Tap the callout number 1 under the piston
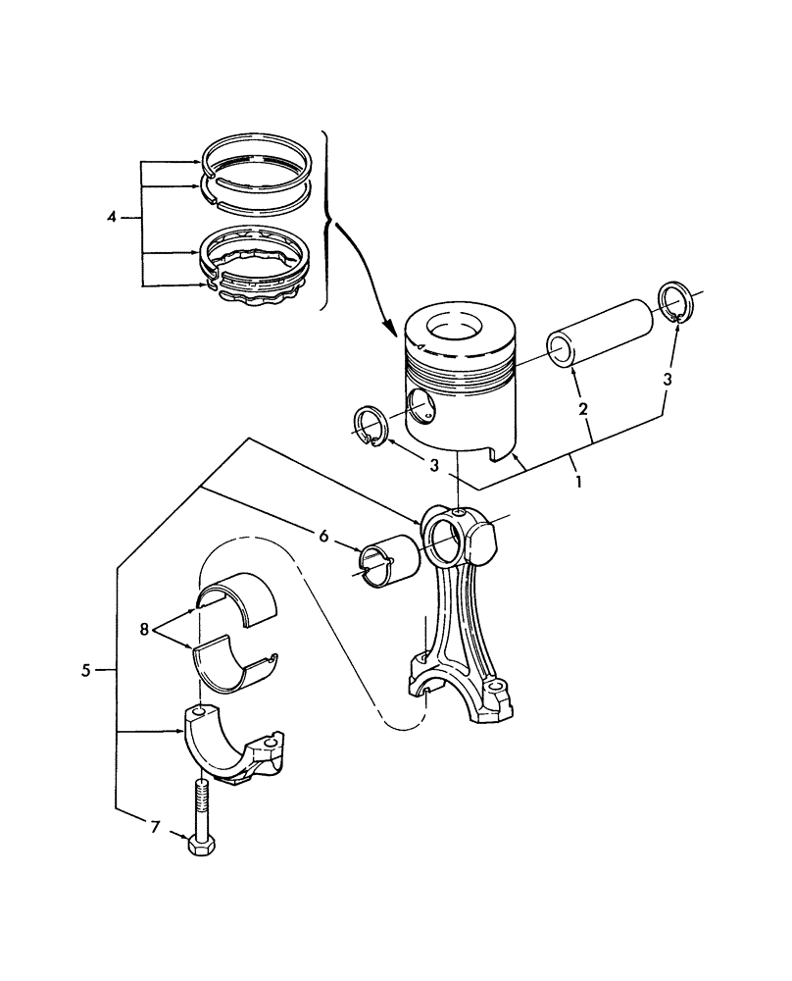click(579, 483)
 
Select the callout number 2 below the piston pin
click(582, 407)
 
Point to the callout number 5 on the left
click(86, 671)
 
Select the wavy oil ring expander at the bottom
click(260, 294)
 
